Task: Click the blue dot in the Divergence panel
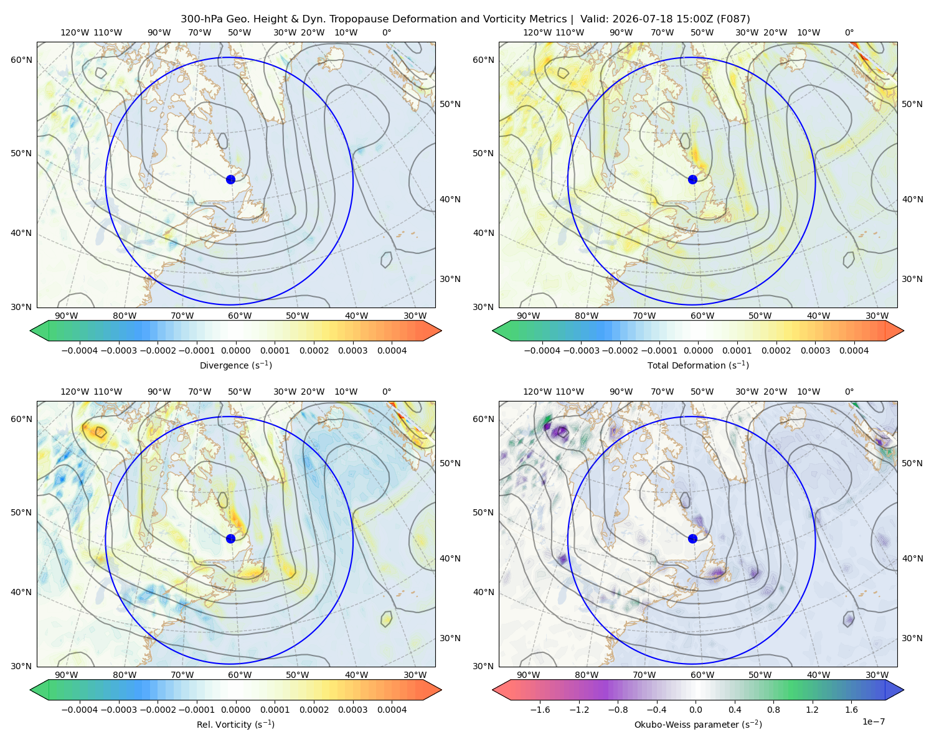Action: click(230, 179)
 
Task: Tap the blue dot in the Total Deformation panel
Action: click(692, 179)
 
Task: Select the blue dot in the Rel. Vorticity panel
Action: click(230, 538)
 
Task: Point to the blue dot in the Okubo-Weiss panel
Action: click(692, 538)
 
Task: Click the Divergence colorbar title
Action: click(235, 365)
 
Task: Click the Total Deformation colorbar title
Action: click(698, 365)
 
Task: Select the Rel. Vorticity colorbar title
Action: click(235, 725)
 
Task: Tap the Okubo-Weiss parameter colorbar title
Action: click(698, 725)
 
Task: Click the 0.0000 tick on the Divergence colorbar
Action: click(235, 350)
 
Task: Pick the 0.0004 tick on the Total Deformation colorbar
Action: click(854, 350)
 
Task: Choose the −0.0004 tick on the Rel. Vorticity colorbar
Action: click(80, 710)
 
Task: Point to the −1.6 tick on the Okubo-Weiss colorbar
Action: click(540, 710)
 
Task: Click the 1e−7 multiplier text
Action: click(873, 721)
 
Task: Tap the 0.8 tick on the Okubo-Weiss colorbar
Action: click(773, 710)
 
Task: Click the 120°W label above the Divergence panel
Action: click(75, 32)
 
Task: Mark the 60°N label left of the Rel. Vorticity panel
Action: click(21, 419)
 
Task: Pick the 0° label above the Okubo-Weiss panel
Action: click(849, 392)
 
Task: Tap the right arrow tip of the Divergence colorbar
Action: click(441, 331)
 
